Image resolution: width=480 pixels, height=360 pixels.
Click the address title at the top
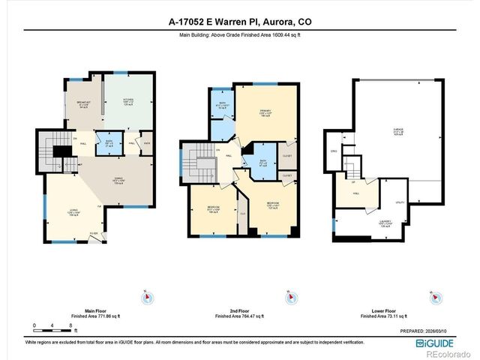239,22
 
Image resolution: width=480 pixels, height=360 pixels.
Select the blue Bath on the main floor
109,142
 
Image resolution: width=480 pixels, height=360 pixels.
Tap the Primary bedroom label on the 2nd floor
265,114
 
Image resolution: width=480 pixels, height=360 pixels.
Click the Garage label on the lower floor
397,132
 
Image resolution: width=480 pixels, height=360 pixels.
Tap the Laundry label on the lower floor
387,223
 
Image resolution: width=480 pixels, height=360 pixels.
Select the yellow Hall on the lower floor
356,194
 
